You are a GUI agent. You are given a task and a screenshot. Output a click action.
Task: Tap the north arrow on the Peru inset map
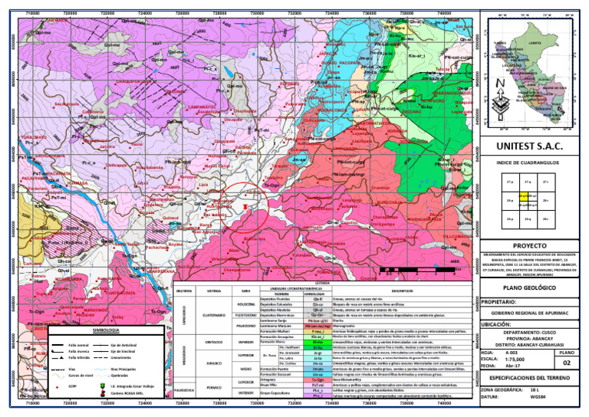[x=499, y=84]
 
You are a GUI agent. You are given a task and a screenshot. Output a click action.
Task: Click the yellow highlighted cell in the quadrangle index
[x=523, y=195]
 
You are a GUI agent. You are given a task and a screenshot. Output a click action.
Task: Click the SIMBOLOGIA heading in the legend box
[x=104, y=330]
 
